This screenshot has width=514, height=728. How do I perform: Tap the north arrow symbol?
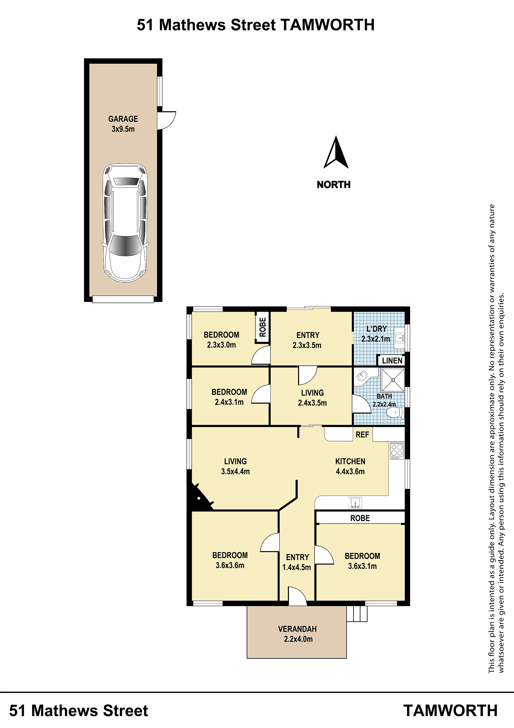336,152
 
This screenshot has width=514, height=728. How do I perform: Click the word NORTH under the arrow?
333,184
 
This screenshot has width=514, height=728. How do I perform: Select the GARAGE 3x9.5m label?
123,124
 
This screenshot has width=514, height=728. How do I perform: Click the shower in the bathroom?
393,380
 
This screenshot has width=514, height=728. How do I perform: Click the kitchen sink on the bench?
355,503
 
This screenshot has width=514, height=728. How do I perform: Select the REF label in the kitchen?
362,435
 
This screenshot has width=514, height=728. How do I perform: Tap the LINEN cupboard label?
392,360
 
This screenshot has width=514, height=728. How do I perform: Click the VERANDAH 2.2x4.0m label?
298,634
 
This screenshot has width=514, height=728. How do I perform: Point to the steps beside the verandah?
357,614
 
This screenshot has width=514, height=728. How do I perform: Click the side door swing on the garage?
167,121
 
